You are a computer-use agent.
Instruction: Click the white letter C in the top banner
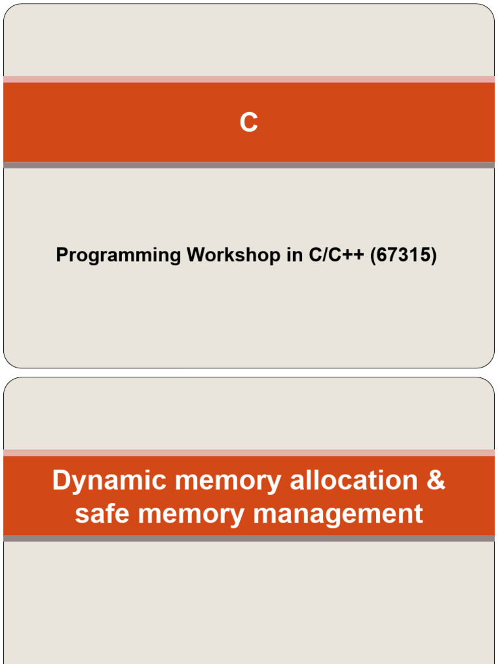click(249, 123)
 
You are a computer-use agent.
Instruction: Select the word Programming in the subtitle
click(119, 255)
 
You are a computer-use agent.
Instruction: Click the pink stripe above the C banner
click(249, 79)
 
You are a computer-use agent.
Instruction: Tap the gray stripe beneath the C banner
click(249, 165)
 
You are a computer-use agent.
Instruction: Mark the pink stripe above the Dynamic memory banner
click(249, 452)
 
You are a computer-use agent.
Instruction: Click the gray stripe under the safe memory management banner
click(249, 539)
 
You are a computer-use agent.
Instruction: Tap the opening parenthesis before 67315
click(374, 255)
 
